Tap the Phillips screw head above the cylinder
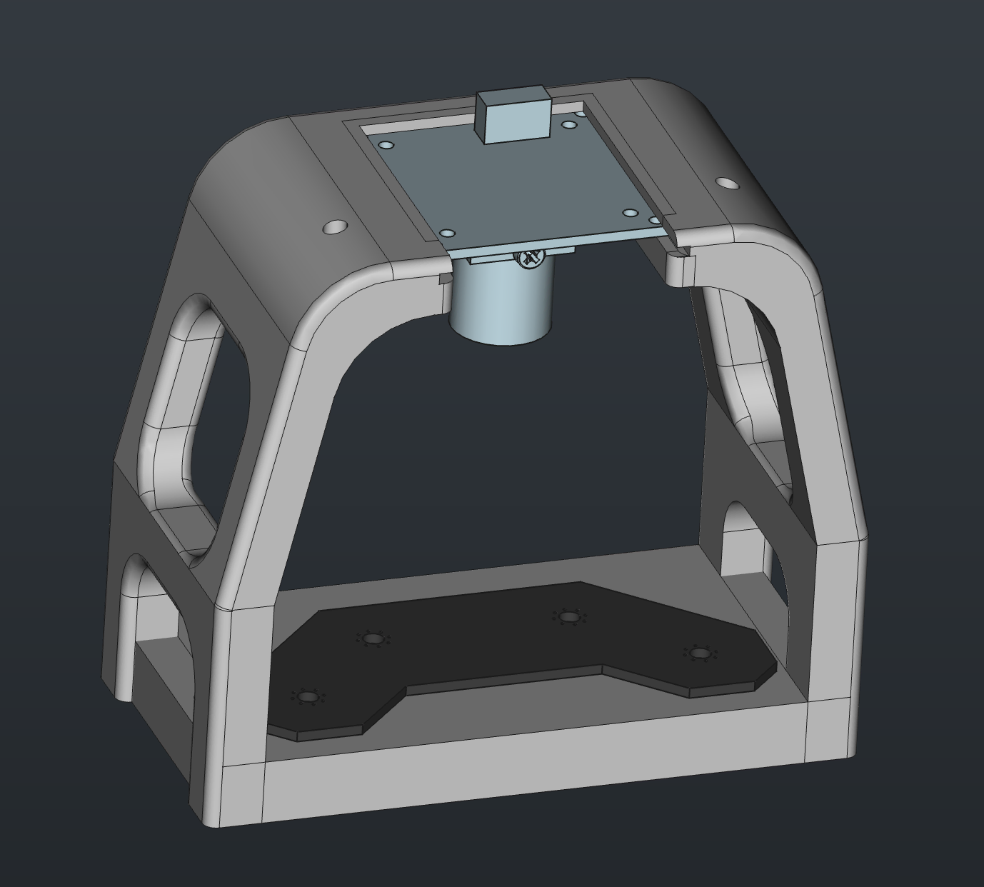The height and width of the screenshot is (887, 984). [529, 258]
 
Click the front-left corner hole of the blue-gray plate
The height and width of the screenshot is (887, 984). [447, 234]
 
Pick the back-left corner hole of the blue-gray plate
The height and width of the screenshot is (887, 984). [386, 146]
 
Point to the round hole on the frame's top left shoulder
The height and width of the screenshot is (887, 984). [334, 227]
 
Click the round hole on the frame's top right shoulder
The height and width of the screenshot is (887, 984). [727, 184]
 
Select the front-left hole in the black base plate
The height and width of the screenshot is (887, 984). [307, 696]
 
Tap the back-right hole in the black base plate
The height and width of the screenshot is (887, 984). [568, 616]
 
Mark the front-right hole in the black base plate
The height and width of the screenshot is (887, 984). [697, 653]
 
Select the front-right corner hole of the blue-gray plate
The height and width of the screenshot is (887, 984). [630, 213]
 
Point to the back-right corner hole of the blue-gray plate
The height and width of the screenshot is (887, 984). [569, 125]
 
